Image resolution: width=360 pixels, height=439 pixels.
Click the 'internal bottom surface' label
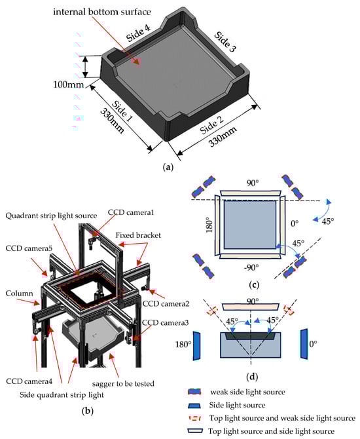(102, 12)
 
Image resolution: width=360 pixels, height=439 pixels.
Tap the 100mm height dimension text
(69, 85)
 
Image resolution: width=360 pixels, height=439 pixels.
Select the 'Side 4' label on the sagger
(139, 33)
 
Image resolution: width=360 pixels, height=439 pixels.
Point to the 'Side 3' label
(225, 42)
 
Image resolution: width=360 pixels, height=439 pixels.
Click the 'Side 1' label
(122, 111)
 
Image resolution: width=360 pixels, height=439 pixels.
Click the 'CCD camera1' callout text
(131, 212)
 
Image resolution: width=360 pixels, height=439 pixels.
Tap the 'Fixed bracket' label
(138, 235)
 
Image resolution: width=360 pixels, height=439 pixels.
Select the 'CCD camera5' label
(29, 248)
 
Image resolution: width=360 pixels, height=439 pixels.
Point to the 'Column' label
(19, 294)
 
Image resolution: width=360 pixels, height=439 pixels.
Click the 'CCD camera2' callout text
(166, 303)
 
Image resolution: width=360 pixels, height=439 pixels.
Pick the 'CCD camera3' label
(166, 322)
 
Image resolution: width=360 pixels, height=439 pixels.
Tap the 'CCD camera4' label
(29, 381)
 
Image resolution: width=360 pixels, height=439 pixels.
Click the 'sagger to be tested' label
(123, 383)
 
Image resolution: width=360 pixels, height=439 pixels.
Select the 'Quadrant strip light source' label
(51, 216)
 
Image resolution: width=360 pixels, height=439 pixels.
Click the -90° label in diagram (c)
(251, 267)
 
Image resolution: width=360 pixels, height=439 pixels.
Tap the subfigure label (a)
(168, 167)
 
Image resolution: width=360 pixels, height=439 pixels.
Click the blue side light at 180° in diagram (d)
(197, 345)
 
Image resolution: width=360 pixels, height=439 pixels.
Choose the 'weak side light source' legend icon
(195, 392)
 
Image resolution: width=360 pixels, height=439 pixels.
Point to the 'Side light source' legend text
(237, 405)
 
